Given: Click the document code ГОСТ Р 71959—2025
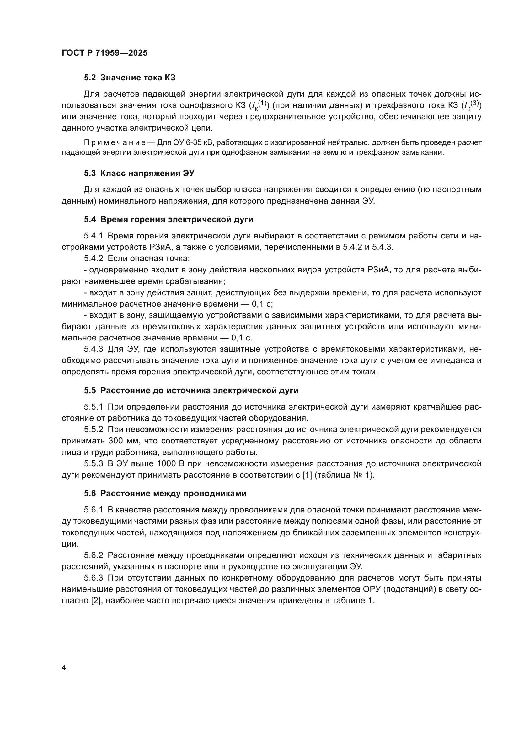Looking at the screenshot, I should [104, 53].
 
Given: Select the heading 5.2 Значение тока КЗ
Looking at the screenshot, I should [130, 78].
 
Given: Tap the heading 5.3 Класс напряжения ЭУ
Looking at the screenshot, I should [139, 174].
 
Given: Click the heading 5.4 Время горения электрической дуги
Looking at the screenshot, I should [169, 220].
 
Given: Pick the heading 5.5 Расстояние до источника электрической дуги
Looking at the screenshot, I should [191, 391].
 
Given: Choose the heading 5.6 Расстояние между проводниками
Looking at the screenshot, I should [165, 494].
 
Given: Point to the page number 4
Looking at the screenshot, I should [64, 668].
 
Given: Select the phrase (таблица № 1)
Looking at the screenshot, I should [344, 475].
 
